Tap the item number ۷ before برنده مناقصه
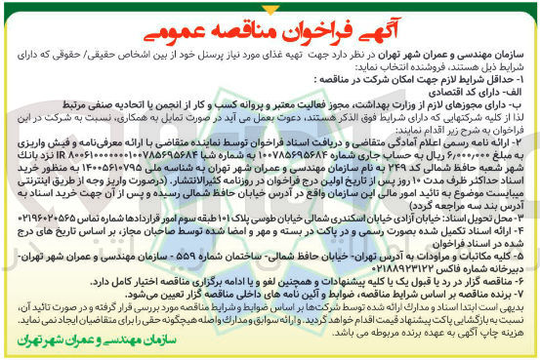point(530,294)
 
